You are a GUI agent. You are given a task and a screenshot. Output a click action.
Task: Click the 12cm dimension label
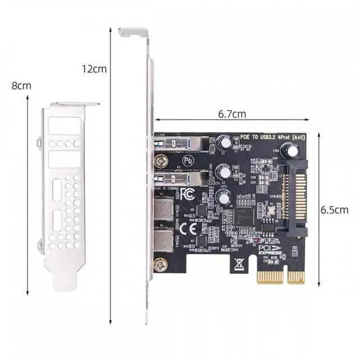pos(94,70)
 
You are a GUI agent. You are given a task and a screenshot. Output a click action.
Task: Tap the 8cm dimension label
pos(21,86)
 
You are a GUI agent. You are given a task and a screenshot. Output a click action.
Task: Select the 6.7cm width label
pos(232,114)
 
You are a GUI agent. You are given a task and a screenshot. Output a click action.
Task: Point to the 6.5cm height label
pos(334,209)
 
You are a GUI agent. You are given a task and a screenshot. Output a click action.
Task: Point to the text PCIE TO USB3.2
pos(259,137)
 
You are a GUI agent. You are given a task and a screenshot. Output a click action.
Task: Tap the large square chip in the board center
pos(246,216)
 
